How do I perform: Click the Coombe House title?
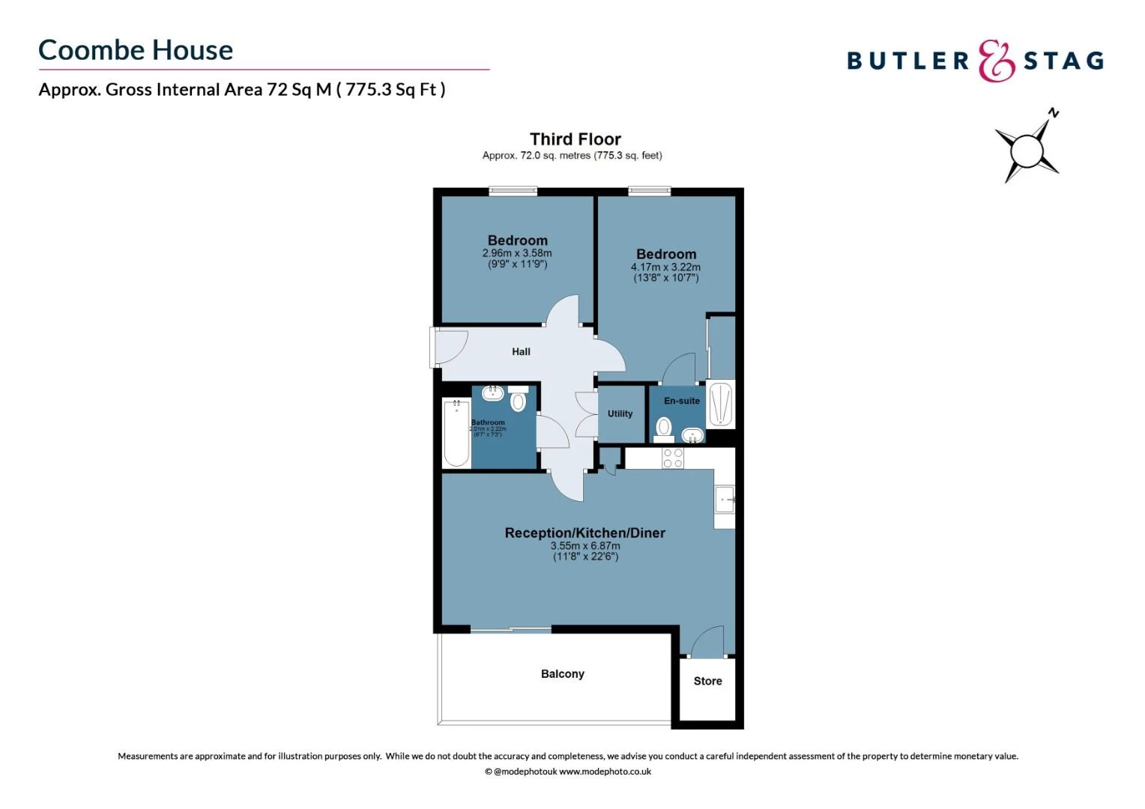(136, 50)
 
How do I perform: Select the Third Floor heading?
(575, 139)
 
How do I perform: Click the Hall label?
(521, 351)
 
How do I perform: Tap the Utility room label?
(620, 413)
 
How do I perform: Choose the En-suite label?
(681, 401)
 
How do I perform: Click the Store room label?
(707, 681)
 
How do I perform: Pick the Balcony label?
(562, 673)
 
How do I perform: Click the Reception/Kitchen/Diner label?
(584, 533)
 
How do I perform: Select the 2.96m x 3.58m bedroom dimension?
(517, 253)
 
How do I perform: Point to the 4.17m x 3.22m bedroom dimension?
(665, 267)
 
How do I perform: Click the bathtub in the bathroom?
(456, 433)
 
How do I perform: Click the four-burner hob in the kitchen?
(672, 458)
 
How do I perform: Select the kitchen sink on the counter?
(724, 498)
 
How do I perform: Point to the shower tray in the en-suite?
(720, 404)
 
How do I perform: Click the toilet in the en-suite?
(663, 428)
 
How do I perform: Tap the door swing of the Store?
(707, 643)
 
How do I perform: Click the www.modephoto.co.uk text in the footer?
(605, 772)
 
